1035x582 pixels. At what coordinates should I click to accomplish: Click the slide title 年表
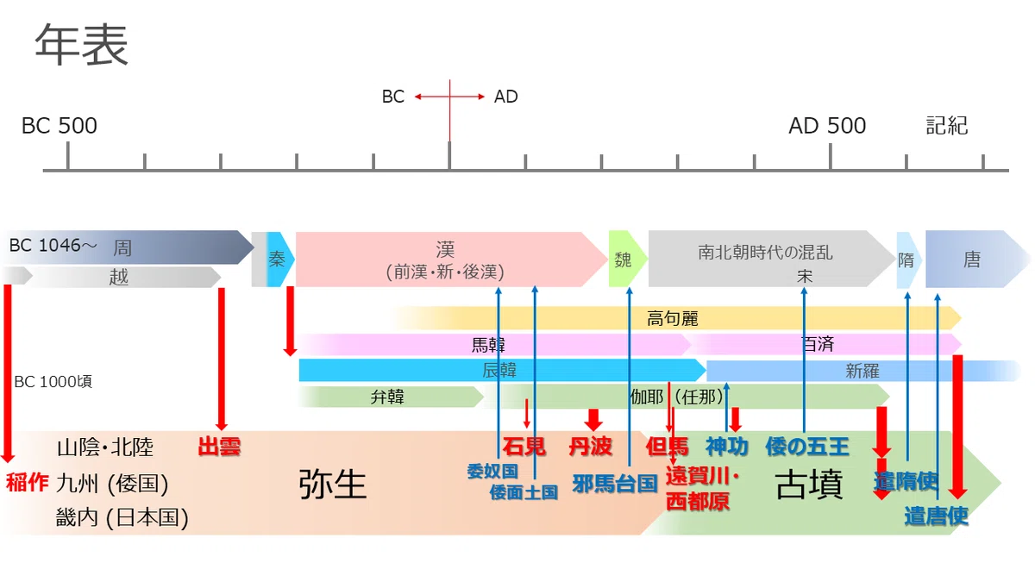(x=81, y=45)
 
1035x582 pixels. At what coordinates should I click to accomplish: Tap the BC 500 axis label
(x=60, y=126)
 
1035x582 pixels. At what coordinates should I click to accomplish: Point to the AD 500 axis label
(x=827, y=126)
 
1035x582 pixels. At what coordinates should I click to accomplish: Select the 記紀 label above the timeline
(x=947, y=126)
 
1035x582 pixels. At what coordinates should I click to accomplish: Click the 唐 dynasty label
(x=972, y=260)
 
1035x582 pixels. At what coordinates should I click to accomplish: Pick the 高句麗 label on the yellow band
(x=672, y=319)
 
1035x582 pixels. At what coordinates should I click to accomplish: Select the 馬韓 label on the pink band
(x=488, y=345)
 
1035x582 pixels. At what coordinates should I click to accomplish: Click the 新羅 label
(x=862, y=371)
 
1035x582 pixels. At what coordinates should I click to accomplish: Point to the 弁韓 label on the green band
(x=387, y=397)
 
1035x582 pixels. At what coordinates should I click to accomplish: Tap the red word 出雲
(x=219, y=447)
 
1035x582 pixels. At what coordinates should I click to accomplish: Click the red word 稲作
(x=27, y=483)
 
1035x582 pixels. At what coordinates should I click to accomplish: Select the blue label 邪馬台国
(x=614, y=484)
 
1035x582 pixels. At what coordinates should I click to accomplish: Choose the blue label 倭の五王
(x=806, y=447)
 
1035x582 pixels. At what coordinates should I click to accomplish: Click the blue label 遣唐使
(x=936, y=516)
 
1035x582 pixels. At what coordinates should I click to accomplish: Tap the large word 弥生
(x=333, y=485)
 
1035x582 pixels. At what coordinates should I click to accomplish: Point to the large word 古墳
(x=809, y=485)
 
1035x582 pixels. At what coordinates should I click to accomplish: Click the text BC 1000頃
(x=53, y=381)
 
